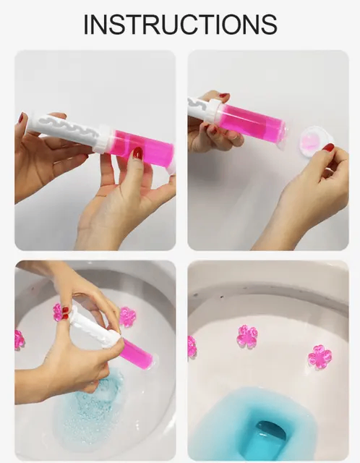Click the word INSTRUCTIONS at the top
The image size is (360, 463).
(180, 23)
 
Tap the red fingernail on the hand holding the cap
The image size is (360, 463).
(329, 148)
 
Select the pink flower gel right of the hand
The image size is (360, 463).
(128, 316)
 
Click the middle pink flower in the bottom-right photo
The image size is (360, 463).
(247, 336)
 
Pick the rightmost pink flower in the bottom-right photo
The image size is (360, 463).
(320, 356)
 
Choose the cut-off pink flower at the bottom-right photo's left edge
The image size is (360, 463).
(192, 347)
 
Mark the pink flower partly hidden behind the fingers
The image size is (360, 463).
(58, 312)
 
